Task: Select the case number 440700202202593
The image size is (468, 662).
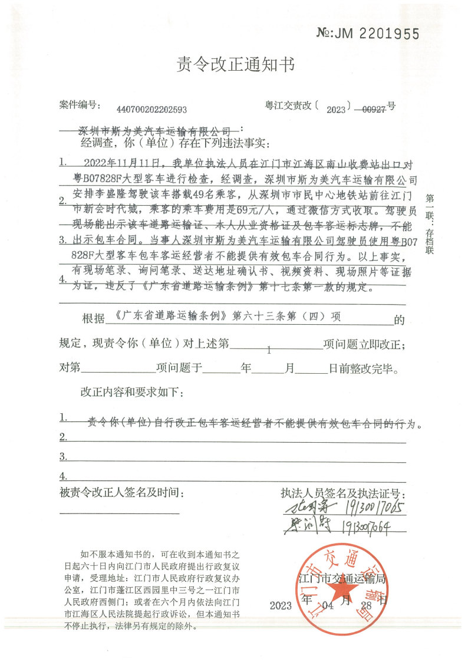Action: pyautogui.click(x=152, y=109)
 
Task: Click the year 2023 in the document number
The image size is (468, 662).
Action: pyautogui.click(x=337, y=109)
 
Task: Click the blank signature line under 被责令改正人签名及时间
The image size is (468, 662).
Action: pyautogui.click(x=120, y=513)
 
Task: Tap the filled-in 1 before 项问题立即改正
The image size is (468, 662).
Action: pyautogui.click(x=269, y=350)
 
